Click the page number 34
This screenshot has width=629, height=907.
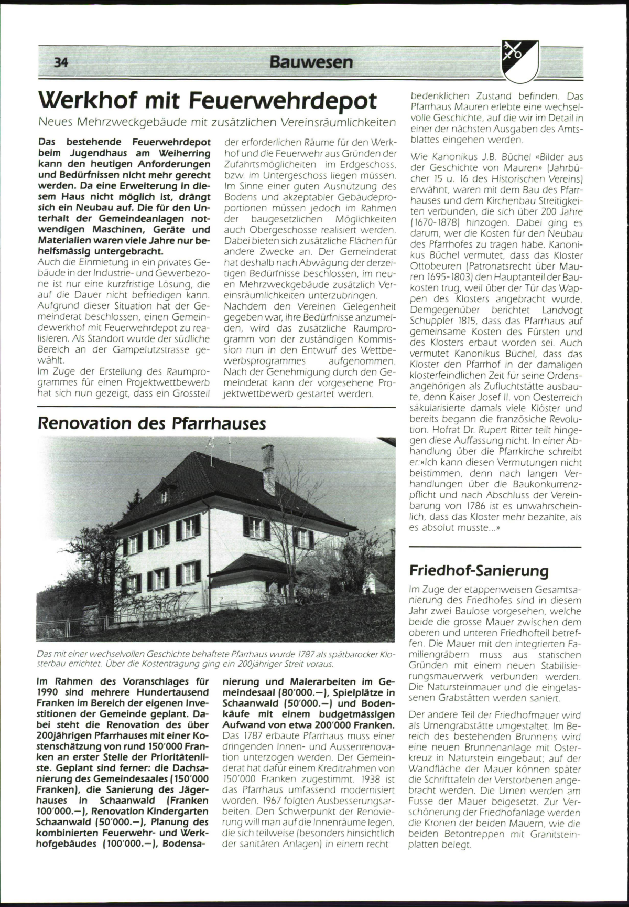61,62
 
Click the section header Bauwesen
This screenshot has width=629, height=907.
311,62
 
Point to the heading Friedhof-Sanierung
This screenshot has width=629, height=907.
479,571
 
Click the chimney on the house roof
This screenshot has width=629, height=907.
267,461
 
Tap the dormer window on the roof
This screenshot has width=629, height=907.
164,496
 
